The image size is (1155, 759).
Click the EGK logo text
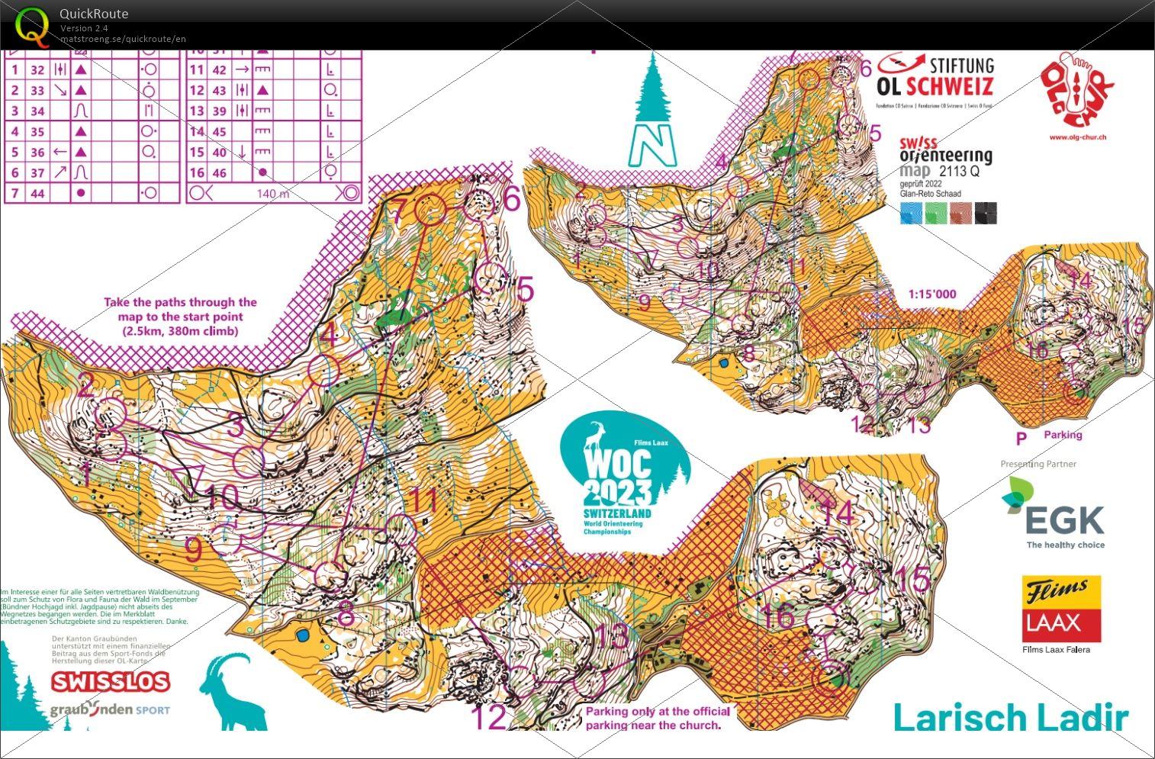point(1064,519)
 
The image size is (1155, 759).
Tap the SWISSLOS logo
point(110,681)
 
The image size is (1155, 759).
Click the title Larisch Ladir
point(1010,718)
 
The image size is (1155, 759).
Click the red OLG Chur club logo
point(1077,92)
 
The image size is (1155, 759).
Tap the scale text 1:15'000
point(931,294)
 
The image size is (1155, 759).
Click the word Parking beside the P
point(1063,435)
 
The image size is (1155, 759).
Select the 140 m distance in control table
point(273,194)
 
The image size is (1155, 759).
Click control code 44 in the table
point(37,194)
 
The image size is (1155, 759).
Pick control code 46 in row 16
point(219,173)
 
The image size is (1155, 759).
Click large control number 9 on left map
point(194,549)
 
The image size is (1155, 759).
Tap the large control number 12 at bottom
point(489,716)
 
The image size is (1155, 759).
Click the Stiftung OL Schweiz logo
point(935,76)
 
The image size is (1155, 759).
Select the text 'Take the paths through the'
point(180,302)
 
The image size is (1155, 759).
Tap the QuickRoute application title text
point(94,14)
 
